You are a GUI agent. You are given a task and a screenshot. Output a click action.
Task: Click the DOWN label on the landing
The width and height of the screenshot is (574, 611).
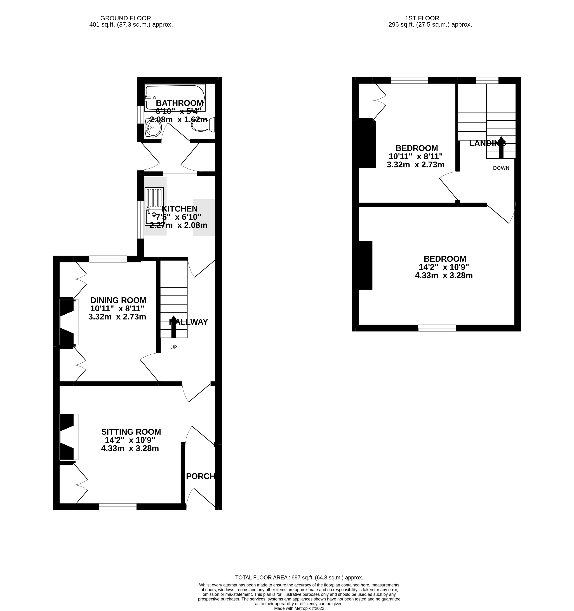[x=501, y=168]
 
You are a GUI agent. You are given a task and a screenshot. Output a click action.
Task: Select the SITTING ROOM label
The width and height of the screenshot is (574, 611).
[x=131, y=432]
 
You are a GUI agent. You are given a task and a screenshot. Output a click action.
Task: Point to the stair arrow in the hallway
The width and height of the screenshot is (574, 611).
[x=173, y=327]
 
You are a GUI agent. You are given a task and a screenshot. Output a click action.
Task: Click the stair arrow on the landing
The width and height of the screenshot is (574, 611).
[x=501, y=148]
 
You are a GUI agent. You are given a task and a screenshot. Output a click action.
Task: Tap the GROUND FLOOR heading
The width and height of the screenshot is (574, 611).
[x=126, y=18]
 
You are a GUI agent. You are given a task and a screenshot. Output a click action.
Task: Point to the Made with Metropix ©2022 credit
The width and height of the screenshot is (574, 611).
[x=299, y=608]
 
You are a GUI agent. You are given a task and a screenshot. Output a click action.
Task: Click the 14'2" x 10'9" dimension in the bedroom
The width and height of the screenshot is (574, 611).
[x=444, y=267]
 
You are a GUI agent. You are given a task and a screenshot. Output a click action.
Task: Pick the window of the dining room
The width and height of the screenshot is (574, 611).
[x=108, y=259]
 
